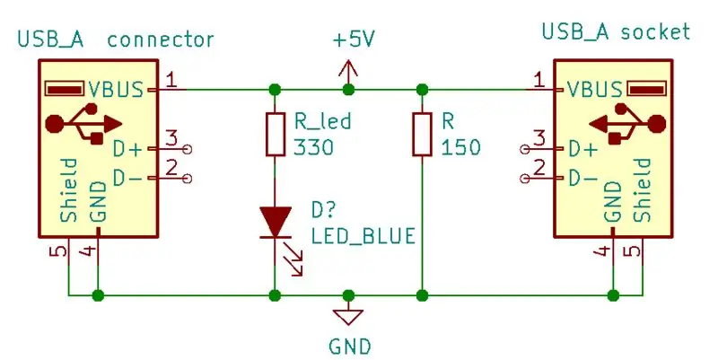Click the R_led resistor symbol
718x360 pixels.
pos(276,134)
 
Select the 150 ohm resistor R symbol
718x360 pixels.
pos(422,134)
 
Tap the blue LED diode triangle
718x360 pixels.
pos(276,222)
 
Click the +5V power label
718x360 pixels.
pos(354,40)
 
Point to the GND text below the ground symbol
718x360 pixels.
pos(350,346)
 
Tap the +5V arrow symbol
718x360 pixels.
pos(348,73)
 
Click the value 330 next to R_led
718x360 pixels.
pos(313,147)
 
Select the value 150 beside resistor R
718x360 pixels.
pos(460,147)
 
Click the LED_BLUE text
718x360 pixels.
pos(363,236)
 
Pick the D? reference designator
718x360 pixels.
pos(324,210)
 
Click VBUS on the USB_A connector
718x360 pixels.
pos(116,89)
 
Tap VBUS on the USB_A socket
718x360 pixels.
pos(595,89)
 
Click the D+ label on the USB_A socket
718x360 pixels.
pos(582,149)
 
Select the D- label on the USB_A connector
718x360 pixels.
pos(127,178)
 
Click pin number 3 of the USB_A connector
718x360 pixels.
pos(171,138)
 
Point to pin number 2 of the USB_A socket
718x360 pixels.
pos(540,168)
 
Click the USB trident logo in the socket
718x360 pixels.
pos(626,124)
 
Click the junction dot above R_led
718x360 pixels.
pos(275,89)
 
